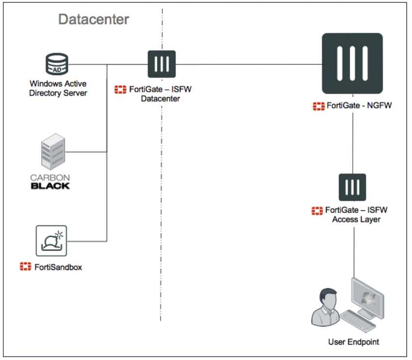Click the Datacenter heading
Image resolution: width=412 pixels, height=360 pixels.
94,19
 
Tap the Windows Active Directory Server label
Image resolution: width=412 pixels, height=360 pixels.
58,88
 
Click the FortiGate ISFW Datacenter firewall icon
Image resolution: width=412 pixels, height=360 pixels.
162,64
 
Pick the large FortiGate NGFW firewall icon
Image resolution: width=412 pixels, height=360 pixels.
352,63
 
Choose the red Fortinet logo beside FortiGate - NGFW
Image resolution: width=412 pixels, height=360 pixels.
318,105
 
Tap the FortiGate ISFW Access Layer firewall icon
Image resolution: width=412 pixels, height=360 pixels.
352,187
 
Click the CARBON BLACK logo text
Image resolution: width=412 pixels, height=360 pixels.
50,181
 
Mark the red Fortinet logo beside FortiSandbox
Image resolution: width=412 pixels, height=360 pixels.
26,267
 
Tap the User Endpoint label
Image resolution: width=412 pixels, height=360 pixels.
353,342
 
